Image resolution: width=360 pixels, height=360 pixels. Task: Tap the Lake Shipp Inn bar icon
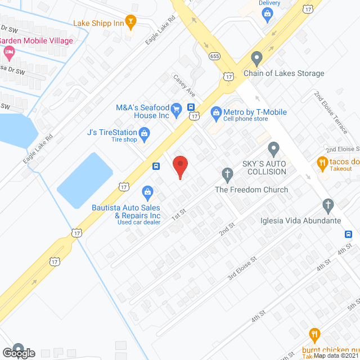pyautogui.click(x=131, y=23)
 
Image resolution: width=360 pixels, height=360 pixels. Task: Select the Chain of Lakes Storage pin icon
pyautogui.click(x=257, y=58)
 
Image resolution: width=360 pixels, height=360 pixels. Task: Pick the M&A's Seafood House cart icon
pyautogui.click(x=176, y=109)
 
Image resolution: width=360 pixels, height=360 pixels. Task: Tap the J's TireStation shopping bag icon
pyautogui.click(x=145, y=133)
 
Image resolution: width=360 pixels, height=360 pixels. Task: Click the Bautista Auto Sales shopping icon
pyautogui.click(x=147, y=192)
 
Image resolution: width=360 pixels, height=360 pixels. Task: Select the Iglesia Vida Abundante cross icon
pyautogui.click(x=328, y=205)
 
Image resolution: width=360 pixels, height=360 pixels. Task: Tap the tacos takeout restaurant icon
pyautogui.click(x=322, y=163)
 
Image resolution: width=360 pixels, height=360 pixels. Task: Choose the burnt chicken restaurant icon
pyautogui.click(x=314, y=335)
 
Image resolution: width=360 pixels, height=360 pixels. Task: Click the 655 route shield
pyautogui.click(x=214, y=56)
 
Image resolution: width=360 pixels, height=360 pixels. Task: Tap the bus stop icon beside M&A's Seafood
pyautogui.click(x=191, y=107)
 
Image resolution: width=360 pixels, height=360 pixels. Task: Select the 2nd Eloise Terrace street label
pyautogui.click(x=331, y=112)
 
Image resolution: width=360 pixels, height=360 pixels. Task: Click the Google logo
pyautogui.click(x=18, y=353)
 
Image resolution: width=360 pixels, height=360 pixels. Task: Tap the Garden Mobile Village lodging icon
pyautogui.click(x=8, y=53)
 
